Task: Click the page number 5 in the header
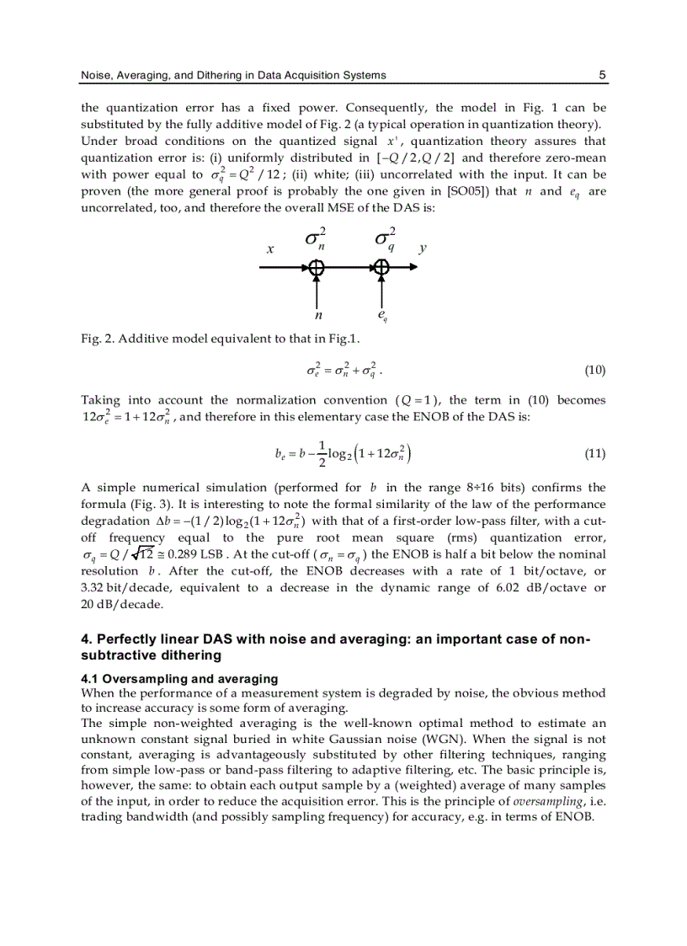[x=602, y=75]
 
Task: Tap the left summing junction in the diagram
[x=316, y=267]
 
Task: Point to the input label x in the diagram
[x=270, y=249]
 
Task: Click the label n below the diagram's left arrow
[x=318, y=316]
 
